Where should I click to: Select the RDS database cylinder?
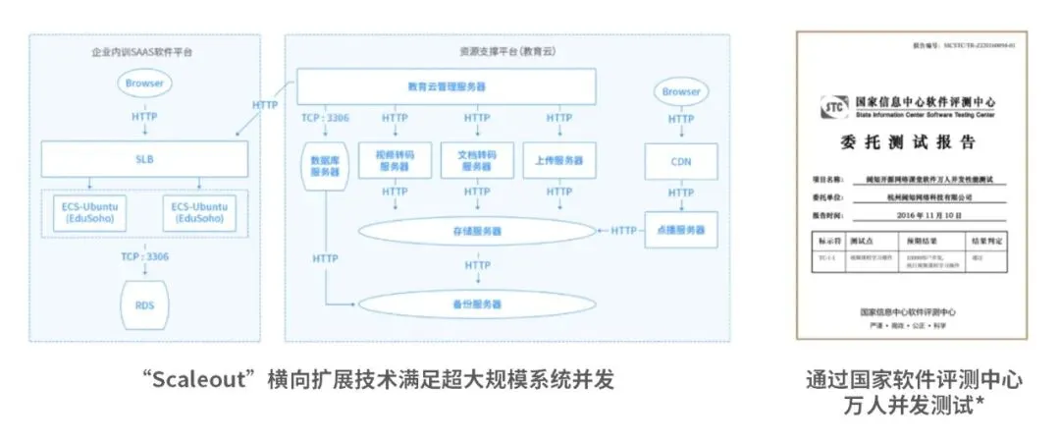(x=144, y=304)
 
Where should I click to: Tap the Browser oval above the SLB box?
(x=144, y=83)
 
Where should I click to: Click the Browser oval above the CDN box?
(x=680, y=91)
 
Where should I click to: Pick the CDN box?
(x=680, y=160)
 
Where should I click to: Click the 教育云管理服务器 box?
(x=447, y=86)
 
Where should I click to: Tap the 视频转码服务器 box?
(x=395, y=160)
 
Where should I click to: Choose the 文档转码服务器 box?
(x=476, y=160)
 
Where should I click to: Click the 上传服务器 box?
(x=558, y=160)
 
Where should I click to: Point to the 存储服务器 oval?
(x=477, y=231)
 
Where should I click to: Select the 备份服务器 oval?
(x=477, y=304)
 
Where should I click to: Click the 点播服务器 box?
(x=680, y=230)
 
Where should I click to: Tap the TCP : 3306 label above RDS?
(x=144, y=257)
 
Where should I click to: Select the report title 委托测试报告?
(x=908, y=143)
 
